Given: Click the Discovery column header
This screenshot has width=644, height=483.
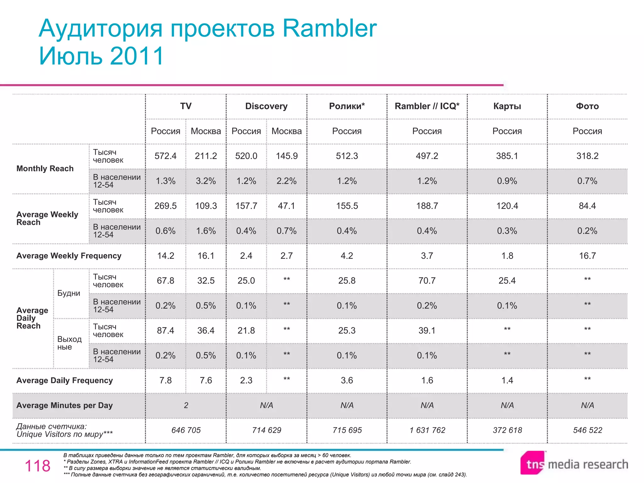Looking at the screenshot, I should [266, 106].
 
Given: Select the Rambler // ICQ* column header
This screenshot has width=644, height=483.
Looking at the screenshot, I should [427, 106].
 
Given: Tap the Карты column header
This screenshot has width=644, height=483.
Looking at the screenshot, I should [507, 106].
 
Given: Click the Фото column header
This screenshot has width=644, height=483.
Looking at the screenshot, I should [587, 106].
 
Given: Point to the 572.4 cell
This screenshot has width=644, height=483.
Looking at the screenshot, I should [165, 156].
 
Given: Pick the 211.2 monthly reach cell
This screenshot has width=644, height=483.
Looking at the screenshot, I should [206, 156].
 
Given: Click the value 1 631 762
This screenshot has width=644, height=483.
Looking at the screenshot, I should [427, 430].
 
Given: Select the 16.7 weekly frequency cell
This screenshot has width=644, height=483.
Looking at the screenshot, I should [587, 256].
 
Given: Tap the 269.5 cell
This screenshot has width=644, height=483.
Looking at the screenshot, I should [165, 206].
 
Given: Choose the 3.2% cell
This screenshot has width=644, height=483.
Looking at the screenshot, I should [206, 181].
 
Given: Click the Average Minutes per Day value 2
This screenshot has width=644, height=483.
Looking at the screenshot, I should [186, 405].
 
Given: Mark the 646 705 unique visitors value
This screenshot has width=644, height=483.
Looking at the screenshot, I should [186, 430].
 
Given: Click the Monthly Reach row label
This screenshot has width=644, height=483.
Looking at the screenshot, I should [45, 169].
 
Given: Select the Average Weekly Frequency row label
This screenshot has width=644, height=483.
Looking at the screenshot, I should [69, 256].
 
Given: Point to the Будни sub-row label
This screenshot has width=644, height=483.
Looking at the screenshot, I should [69, 293].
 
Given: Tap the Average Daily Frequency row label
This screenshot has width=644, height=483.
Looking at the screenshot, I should [64, 380].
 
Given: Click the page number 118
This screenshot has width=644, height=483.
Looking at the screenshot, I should [37, 466].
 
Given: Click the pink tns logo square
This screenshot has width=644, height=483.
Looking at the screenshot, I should [533, 463].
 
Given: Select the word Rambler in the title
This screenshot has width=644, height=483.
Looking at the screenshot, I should [329, 28].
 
